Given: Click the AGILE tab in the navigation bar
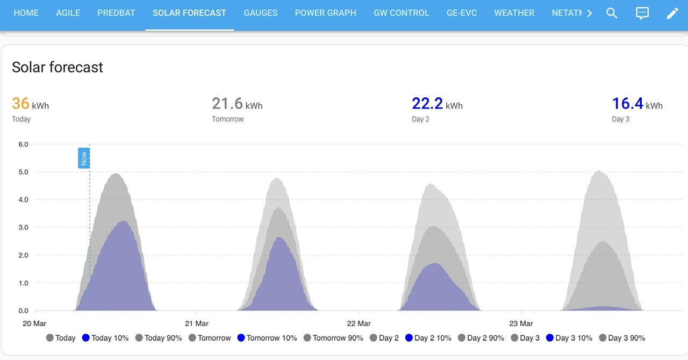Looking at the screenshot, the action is pos(68,13).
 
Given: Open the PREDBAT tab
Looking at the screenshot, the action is pos(116,13).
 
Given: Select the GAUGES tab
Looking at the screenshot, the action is pos(261,13).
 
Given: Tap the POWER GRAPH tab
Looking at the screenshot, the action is pos(326,13).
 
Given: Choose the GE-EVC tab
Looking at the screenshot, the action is pos(462,13).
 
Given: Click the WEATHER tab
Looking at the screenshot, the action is pos(514,13).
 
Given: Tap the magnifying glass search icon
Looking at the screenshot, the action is pos(612,13).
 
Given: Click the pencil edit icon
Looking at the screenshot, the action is pos(672,13).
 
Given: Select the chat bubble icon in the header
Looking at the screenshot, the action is pos(642,13).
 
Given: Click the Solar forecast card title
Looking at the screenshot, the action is pos(58,67).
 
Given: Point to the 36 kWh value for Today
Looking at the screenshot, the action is pos(31,104).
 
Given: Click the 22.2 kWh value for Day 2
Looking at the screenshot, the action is pos(437,104).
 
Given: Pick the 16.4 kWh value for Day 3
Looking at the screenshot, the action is pos(637,104).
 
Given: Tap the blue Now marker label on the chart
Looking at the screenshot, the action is pos(84,158).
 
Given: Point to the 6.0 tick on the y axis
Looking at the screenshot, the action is pos(23,145).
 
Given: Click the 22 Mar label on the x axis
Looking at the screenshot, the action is pos(359,323).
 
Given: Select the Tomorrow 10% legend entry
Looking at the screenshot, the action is pos(267,338).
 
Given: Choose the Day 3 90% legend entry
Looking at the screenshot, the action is pos(622,338).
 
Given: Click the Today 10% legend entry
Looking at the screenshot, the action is pos(105,338).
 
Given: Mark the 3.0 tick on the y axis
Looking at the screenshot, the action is pos(23,228).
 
